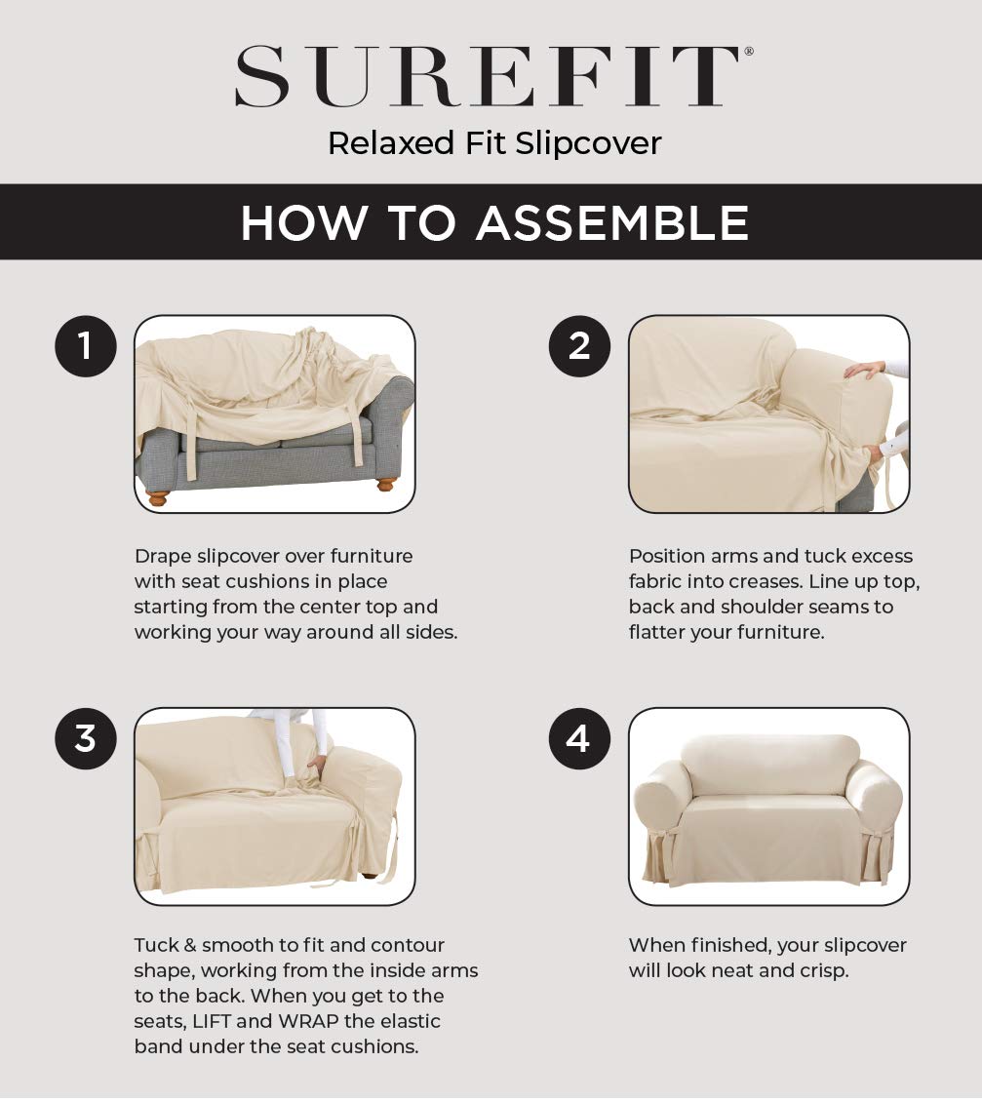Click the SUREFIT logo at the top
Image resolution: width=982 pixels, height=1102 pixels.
pos(488,76)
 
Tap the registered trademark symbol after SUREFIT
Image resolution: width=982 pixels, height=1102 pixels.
pos(748,52)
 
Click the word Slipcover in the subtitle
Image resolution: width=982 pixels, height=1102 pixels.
pos(588,143)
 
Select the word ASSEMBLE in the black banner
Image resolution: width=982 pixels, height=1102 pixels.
pos(612,223)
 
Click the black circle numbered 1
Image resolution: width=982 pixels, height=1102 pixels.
pos(86,345)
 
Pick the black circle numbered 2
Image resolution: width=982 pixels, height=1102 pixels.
pos(579,345)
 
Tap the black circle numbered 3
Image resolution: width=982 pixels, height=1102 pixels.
pos(86,738)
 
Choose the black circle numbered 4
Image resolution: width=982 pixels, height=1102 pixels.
pos(579,738)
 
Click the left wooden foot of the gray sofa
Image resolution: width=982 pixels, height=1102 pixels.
pos(157,496)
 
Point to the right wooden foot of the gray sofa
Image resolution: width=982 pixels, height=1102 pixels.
pos(386,483)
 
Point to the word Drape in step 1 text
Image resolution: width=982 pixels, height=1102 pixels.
pos(162,556)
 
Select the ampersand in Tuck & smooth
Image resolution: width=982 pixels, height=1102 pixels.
pos(189,945)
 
